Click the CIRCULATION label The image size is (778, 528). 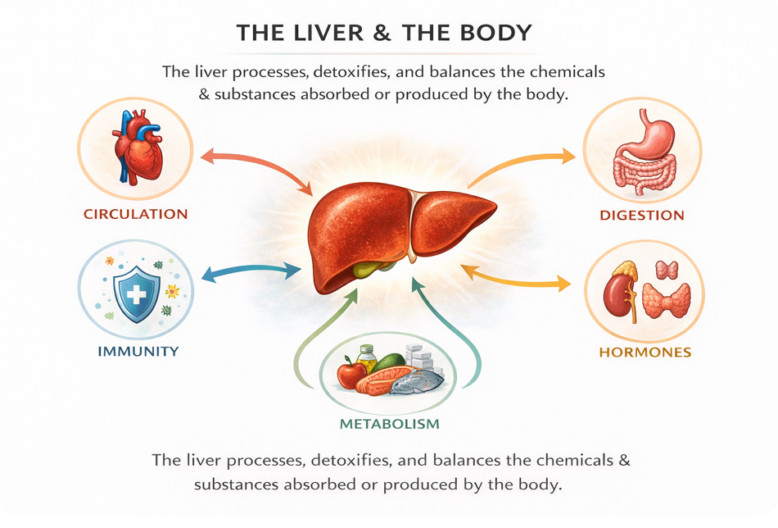tap(135, 215)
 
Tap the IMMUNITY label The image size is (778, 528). tap(138, 352)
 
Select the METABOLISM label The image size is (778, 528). tap(390, 424)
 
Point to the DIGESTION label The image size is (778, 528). tap(642, 216)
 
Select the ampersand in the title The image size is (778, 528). tap(387, 34)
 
